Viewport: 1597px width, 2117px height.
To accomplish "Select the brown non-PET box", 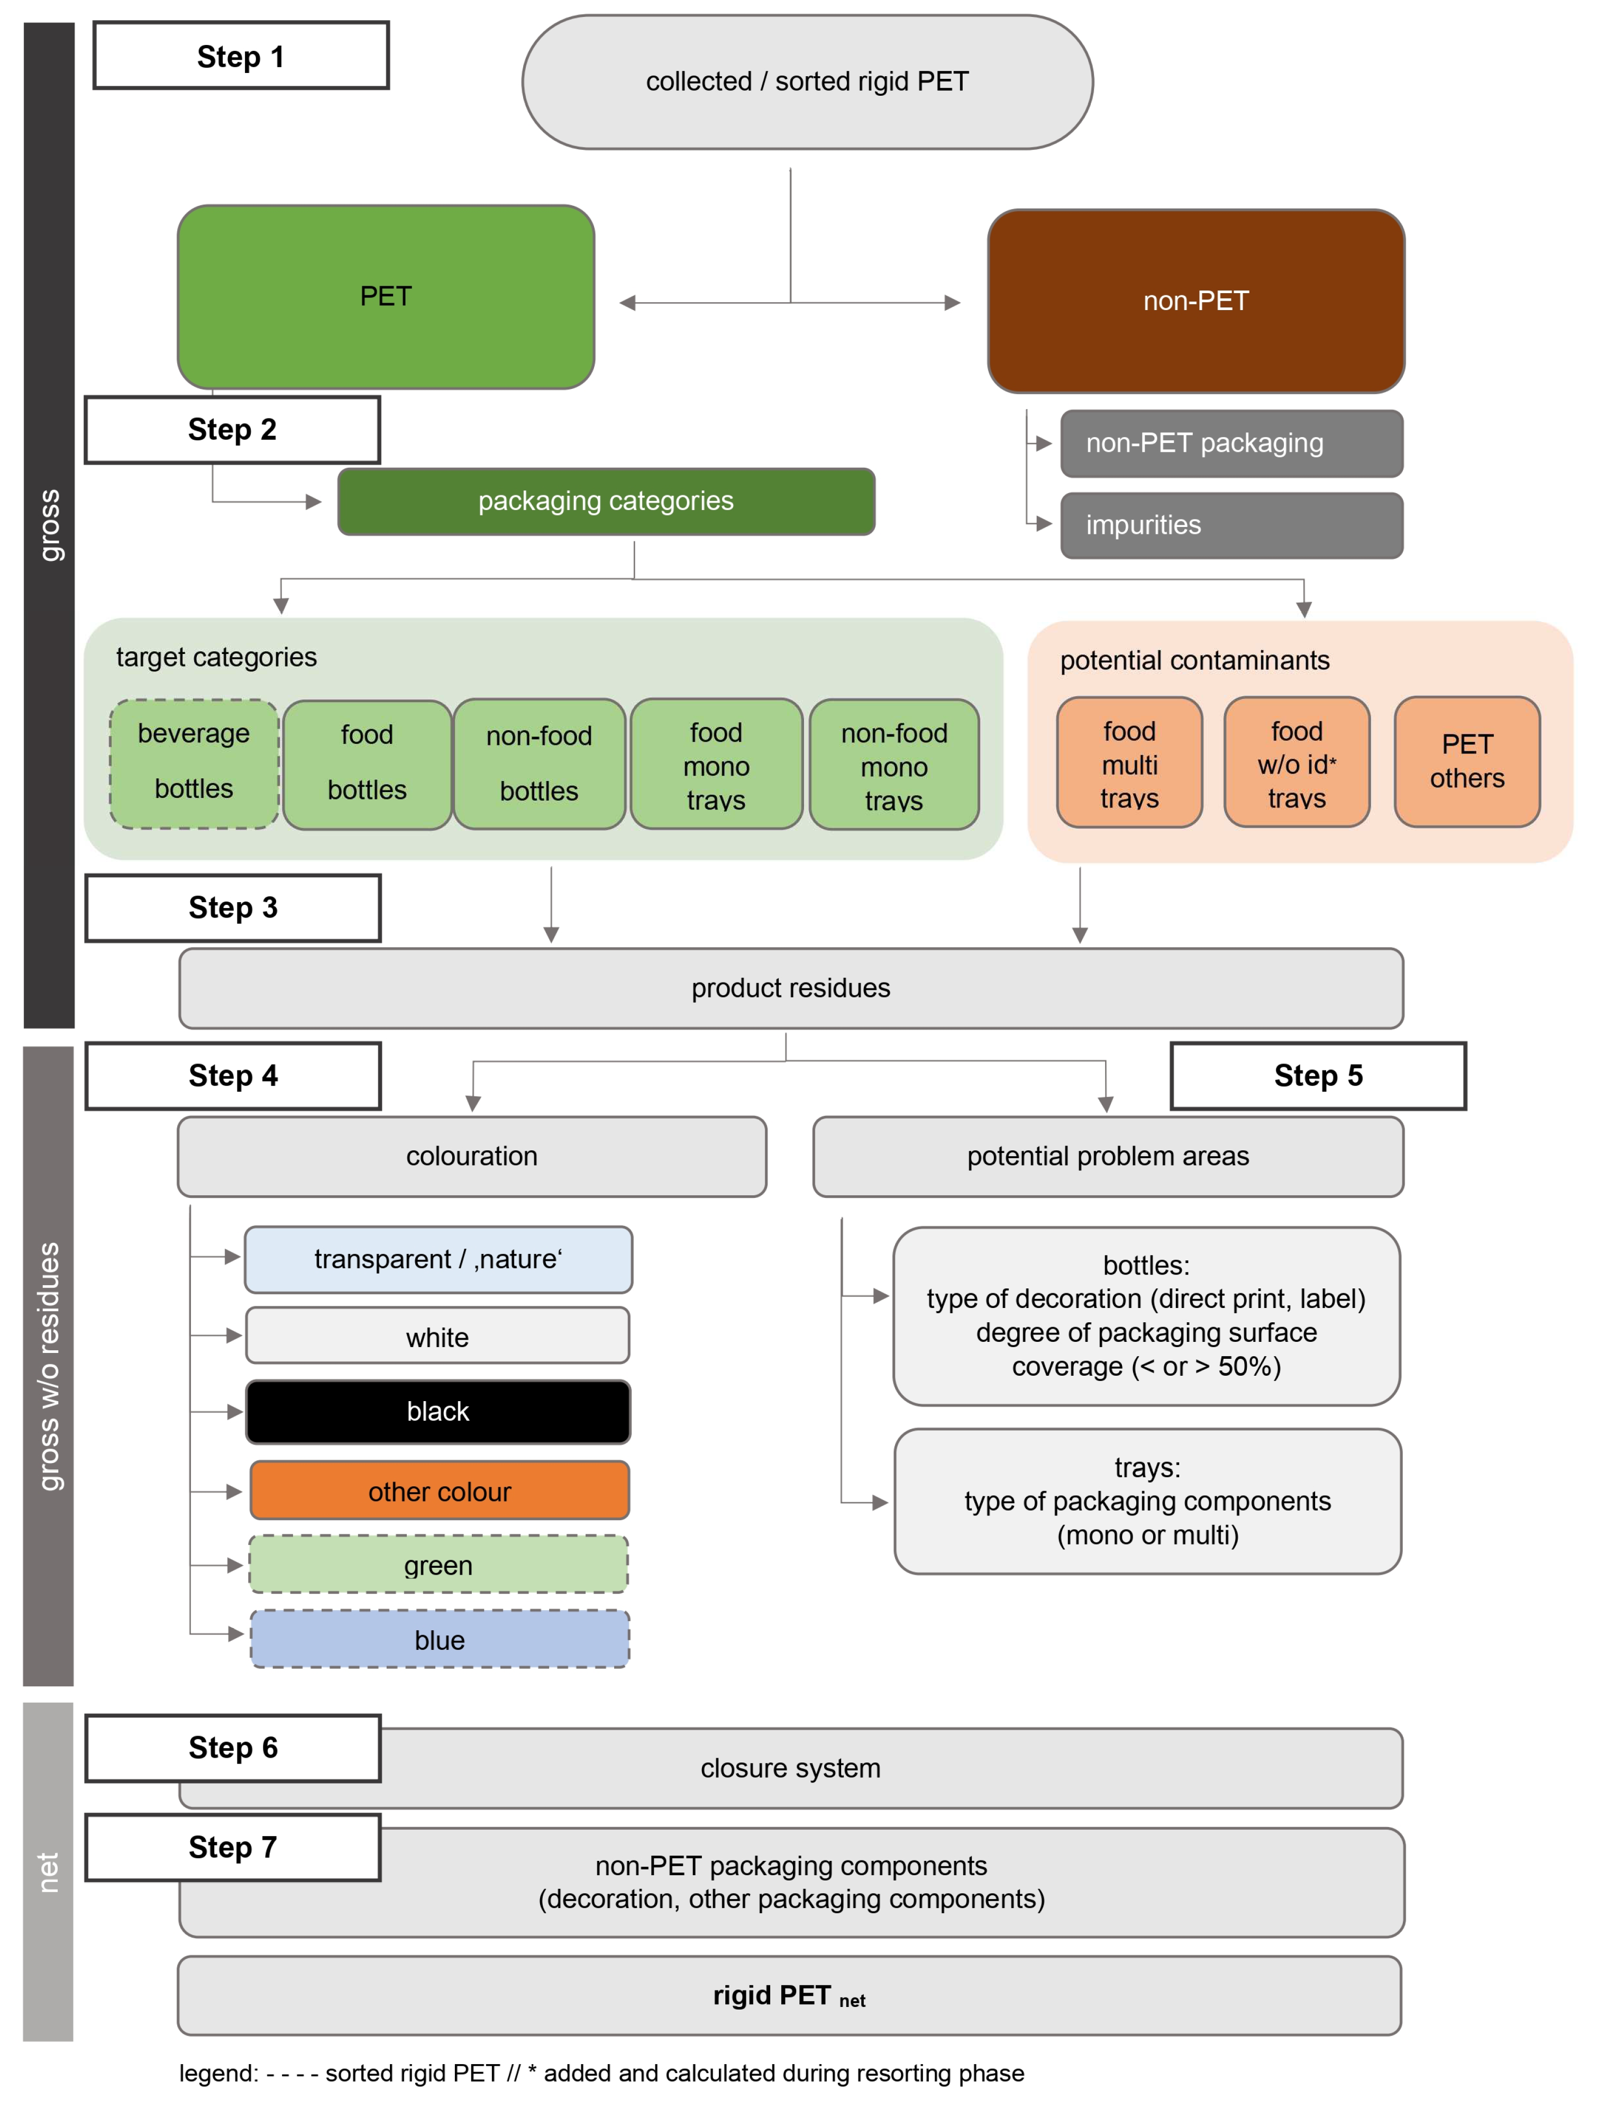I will click(1195, 301).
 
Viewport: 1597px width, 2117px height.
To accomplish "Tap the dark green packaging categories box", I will click(606, 501).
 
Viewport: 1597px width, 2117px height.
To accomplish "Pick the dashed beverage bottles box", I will click(194, 763).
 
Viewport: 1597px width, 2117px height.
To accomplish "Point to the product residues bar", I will click(790, 988).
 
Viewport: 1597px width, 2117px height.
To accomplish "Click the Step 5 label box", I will click(1318, 1075).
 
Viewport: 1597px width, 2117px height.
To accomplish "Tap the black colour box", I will click(438, 1411).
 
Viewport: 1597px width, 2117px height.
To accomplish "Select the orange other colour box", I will click(439, 1490).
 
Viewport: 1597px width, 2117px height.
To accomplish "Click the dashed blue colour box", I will click(439, 1639).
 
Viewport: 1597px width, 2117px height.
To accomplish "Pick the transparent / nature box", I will click(438, 1259).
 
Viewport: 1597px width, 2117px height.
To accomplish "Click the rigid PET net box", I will click(789, 1995).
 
